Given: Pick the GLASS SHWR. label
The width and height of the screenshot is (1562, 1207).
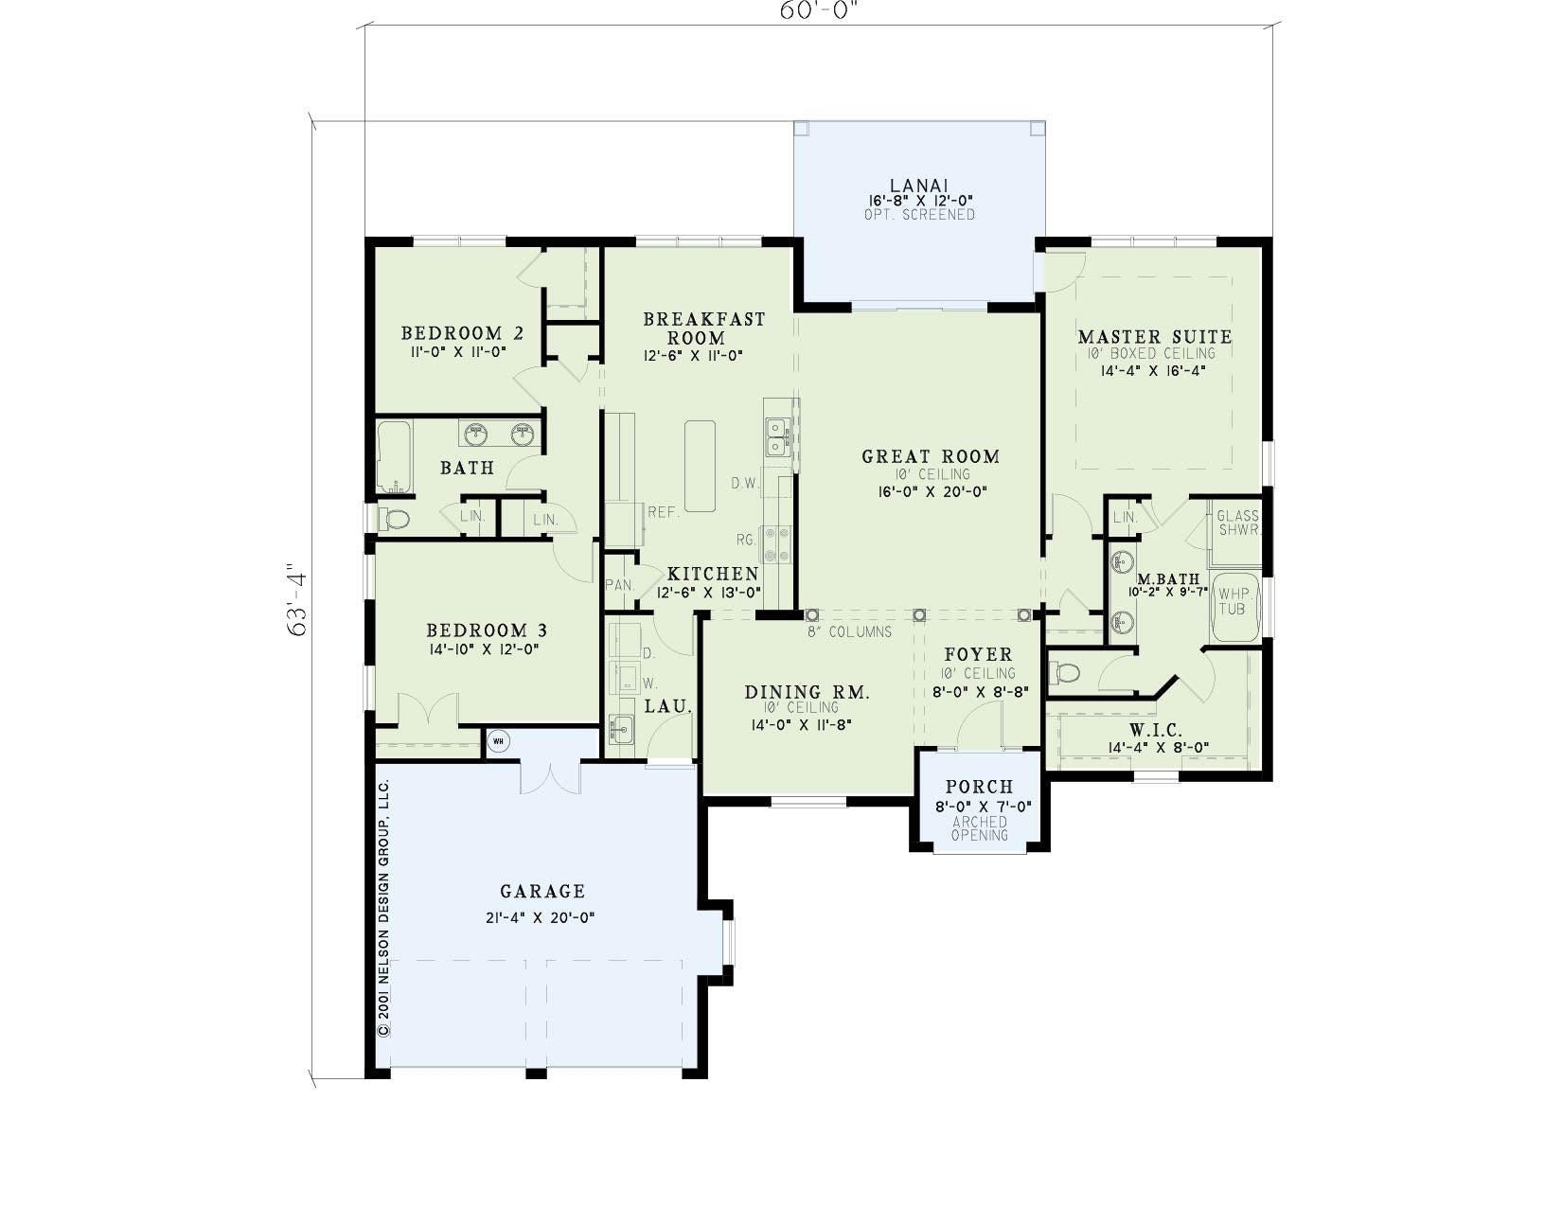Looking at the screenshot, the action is click(1238, 523).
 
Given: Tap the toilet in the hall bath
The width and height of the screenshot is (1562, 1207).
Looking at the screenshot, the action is click(394, 519).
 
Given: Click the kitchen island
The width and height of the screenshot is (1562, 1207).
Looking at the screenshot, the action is click(700, 465).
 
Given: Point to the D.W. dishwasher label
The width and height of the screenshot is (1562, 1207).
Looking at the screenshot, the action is click(745, 484).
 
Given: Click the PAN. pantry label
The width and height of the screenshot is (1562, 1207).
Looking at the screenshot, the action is click(620, 585).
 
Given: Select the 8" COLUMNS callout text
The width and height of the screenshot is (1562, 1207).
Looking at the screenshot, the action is click(850, 631).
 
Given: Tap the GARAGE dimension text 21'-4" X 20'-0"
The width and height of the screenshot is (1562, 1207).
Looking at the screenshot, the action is click(541, 918).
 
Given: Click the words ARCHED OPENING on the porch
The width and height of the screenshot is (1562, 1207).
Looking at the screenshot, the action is click(980, 828).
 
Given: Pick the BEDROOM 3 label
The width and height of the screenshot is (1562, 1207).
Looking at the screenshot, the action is click(487, 630).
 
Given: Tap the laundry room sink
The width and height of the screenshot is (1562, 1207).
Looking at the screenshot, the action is click(620, 731).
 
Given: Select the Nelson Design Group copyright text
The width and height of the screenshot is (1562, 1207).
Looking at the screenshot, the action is click(383, 908).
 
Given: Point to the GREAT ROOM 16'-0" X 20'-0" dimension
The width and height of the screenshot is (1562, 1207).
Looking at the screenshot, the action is click(932, 491).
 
